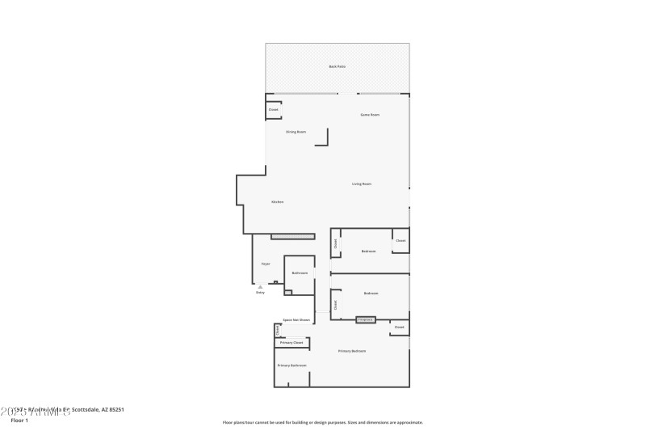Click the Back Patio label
[338, 66]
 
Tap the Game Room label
[370, 115]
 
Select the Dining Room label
[296, 132]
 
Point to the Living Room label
[362, 184]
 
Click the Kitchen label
[277, 201]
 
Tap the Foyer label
[266, 264]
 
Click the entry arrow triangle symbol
[260, 286]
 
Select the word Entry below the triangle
[260, 293]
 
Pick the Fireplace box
[366, 319]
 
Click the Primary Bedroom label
[352, 351]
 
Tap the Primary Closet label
[292, 343]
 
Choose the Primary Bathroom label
[292, 366]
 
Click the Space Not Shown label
[296, 320]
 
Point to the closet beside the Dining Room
[273, 109]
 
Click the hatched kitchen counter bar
[292, 236]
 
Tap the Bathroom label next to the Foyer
[300, 273]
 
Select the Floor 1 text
[19, 420]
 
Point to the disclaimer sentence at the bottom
[323, 422]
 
